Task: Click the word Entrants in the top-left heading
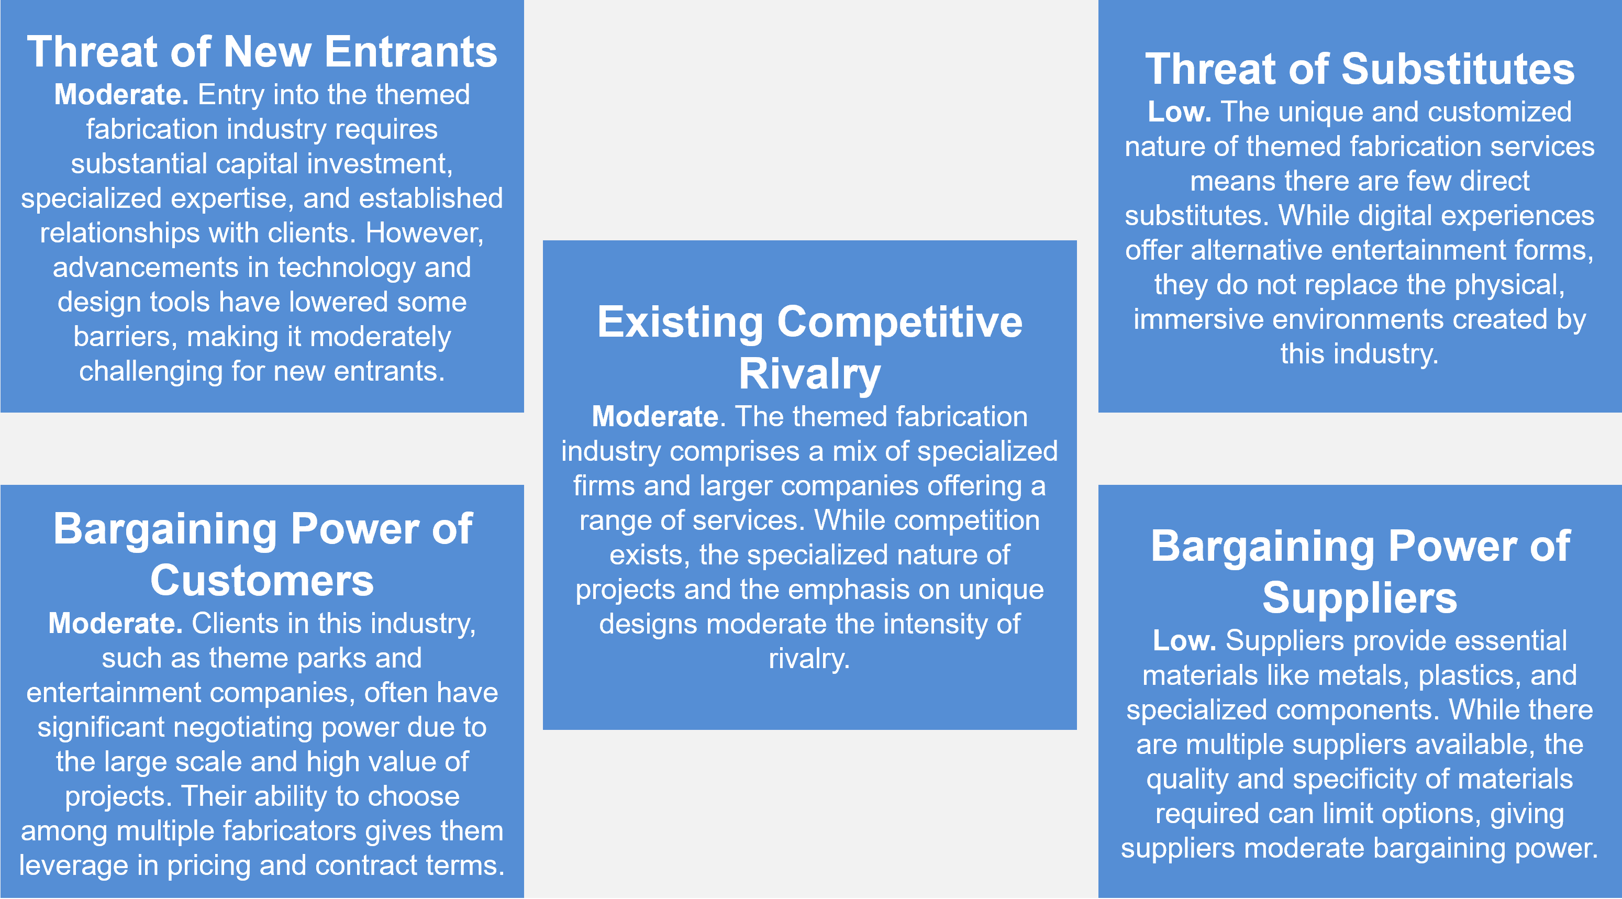point(410,52)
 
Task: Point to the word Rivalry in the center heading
point(810,374)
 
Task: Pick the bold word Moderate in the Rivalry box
point(655,417)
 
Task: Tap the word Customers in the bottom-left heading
point(262,581)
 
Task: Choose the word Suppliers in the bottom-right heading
point(1360,598)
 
